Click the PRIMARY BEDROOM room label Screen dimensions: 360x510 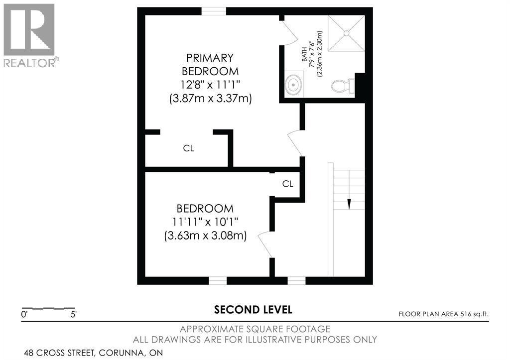tap(210, 64)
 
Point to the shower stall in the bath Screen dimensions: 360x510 tap(347, 32)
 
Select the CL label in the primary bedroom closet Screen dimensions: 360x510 tap(188, 148)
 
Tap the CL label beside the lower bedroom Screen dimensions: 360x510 tap(287, 184)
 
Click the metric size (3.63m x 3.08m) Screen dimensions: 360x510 tap(205, 236)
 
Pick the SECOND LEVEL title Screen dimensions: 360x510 tap(253, 310)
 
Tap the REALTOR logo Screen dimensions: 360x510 tap(30, 35)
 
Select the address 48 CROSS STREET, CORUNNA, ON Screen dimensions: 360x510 tap(93, 353)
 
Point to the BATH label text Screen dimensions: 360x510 tap(304, 54)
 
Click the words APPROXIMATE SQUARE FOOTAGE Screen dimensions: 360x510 tap(255, 329)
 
